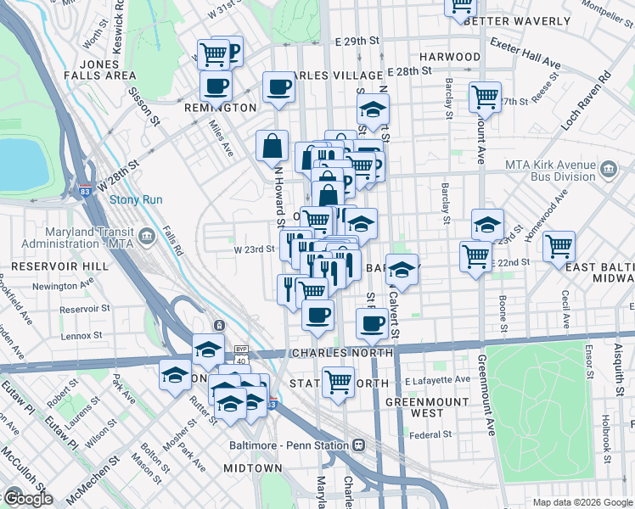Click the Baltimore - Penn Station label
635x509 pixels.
289,445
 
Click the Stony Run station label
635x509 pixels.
130,201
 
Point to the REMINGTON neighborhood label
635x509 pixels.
221,108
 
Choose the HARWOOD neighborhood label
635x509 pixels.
449,57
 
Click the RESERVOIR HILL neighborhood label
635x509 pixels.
48,266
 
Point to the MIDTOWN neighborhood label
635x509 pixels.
252,468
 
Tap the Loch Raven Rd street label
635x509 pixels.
587,100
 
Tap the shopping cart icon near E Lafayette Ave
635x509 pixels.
337,381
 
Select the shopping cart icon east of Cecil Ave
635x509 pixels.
558,246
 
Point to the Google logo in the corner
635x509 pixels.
27,498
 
